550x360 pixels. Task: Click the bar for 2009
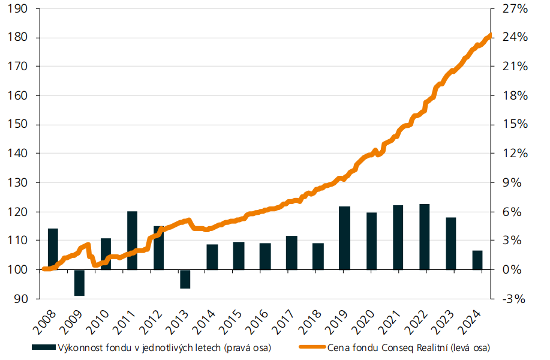click(79, 283)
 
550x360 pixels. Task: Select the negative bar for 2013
click(185, 279)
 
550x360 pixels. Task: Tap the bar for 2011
click(132, 240)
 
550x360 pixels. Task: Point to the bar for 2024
click(477, 260)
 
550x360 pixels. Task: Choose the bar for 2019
click(344, 238)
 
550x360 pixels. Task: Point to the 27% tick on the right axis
click(515, 8)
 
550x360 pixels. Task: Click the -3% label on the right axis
click(515, 298)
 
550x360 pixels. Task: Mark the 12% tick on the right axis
click(515, 154)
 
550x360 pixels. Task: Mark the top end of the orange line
click(490, 35)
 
